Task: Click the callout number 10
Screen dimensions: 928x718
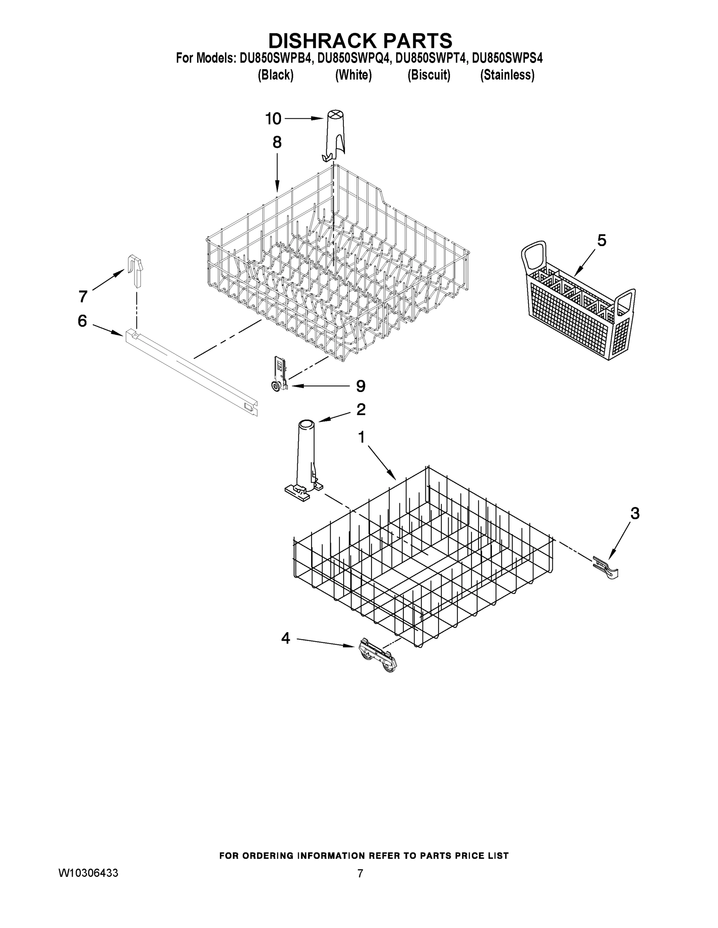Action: (274, 119)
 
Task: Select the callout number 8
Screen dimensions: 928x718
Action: (277, 142)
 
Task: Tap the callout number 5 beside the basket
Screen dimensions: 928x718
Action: (601, 241)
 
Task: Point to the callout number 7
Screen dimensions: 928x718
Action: (83, 296)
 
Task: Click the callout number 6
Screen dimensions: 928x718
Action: (82, 321)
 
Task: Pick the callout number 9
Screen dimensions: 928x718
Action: (360, 386)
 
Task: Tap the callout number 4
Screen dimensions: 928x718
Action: (285, 638)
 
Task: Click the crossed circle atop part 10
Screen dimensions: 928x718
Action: (335, 115)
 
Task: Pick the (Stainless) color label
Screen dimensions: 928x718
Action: (507, 75)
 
